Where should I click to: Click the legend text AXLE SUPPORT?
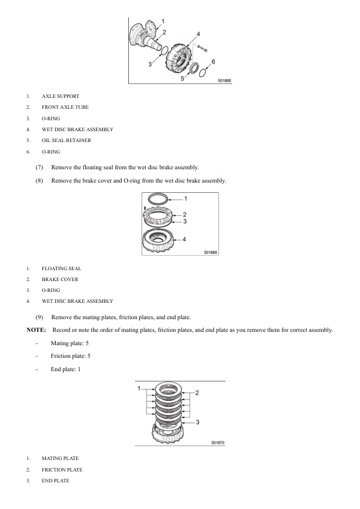click(61, 96)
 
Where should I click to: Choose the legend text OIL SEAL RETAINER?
click(67, 140)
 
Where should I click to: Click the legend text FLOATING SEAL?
click(62, 268)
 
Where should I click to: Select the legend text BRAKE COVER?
click(60, 279)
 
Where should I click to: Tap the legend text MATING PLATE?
click(61, 458)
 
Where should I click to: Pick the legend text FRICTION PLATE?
click(62, 470)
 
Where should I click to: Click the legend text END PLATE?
click(56, 481)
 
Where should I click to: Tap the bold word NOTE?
click(36, 330)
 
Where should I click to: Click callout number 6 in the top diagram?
click(214, 62)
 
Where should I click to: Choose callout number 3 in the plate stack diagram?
click(197, 421)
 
